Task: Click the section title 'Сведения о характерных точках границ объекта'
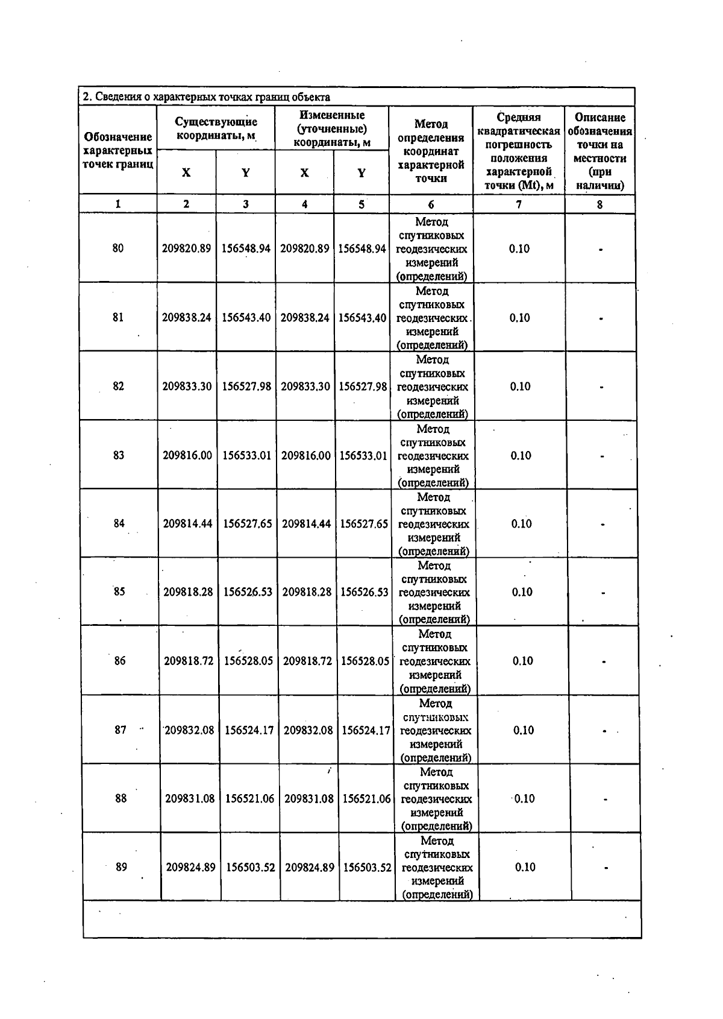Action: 206,97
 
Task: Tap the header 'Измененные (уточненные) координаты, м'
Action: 331,128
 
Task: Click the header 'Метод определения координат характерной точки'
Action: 431,151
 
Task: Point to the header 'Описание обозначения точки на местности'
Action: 599,151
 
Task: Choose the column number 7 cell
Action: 519,204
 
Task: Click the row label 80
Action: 117,248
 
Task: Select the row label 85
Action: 119,592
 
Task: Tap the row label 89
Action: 121,867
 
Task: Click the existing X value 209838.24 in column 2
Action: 186,317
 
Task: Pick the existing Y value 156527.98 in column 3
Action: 246,386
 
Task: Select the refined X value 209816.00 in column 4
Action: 305,455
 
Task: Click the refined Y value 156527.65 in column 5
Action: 364,524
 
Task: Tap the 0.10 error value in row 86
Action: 522,661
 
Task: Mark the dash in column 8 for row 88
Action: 606,800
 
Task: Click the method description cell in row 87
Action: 436,730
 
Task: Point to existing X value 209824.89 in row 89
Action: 190,868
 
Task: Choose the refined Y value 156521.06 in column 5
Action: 366,799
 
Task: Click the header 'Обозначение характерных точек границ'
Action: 117,151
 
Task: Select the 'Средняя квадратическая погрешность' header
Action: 519,151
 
